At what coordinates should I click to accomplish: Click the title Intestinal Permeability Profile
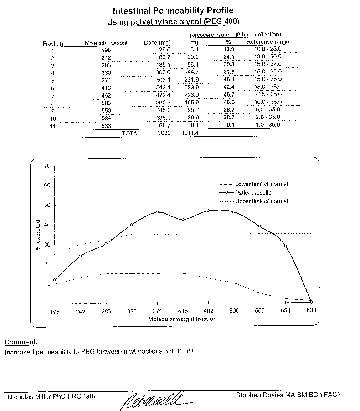[173, 10]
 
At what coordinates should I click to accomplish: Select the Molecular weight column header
[106, 43]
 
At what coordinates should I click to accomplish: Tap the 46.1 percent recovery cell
[228, 79]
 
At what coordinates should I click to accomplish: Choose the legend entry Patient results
[254, 192]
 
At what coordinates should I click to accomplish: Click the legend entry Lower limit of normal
[261, 184]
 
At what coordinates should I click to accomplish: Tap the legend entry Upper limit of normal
[261, 201]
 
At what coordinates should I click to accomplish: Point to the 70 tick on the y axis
[47, 166]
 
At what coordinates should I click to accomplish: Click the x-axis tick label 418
[183, 311]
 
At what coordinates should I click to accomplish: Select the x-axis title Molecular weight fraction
[182, 319]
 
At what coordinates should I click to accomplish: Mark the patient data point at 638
[311, 302]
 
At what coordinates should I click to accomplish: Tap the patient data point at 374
[157, 212]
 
